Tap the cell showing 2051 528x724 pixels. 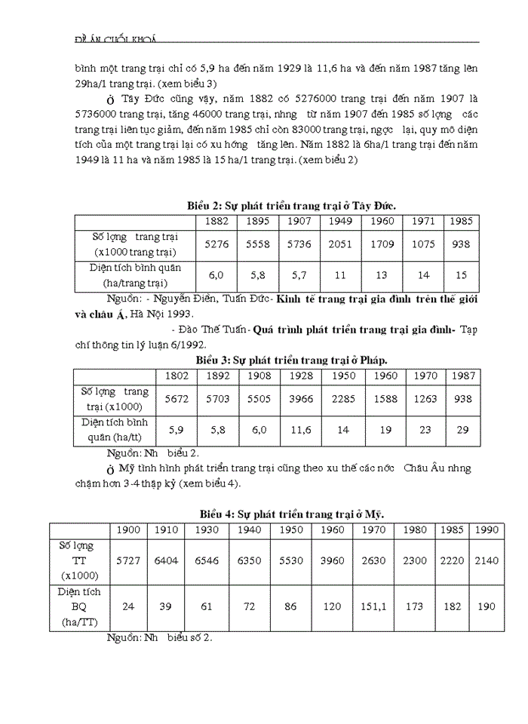tap(339, 244)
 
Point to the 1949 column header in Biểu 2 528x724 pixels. tap(339, 221)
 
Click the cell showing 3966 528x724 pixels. tap(302, 398)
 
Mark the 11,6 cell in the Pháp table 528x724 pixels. tap(302, 430)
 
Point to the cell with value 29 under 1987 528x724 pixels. tap(462, 430)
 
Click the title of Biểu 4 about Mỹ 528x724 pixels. tap(291, 514)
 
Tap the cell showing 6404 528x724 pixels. tap(165, 560)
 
